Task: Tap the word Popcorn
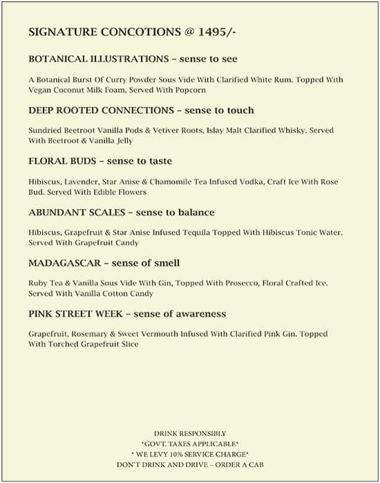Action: pos(190,90)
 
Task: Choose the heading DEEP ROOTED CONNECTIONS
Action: pos(101,110)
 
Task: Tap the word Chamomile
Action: pos(169,181)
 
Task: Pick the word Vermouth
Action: pos(171,335)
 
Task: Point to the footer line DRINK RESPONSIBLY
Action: pos(189,433)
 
